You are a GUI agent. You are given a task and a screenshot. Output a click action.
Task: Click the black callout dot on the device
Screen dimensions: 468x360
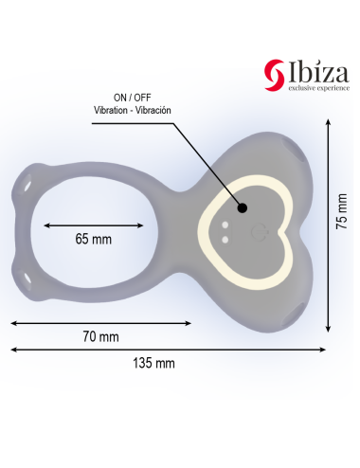243,207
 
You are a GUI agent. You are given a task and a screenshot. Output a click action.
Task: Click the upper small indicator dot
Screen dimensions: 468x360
224,225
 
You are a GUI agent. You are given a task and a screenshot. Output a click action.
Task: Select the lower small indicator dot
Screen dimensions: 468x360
224,239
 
